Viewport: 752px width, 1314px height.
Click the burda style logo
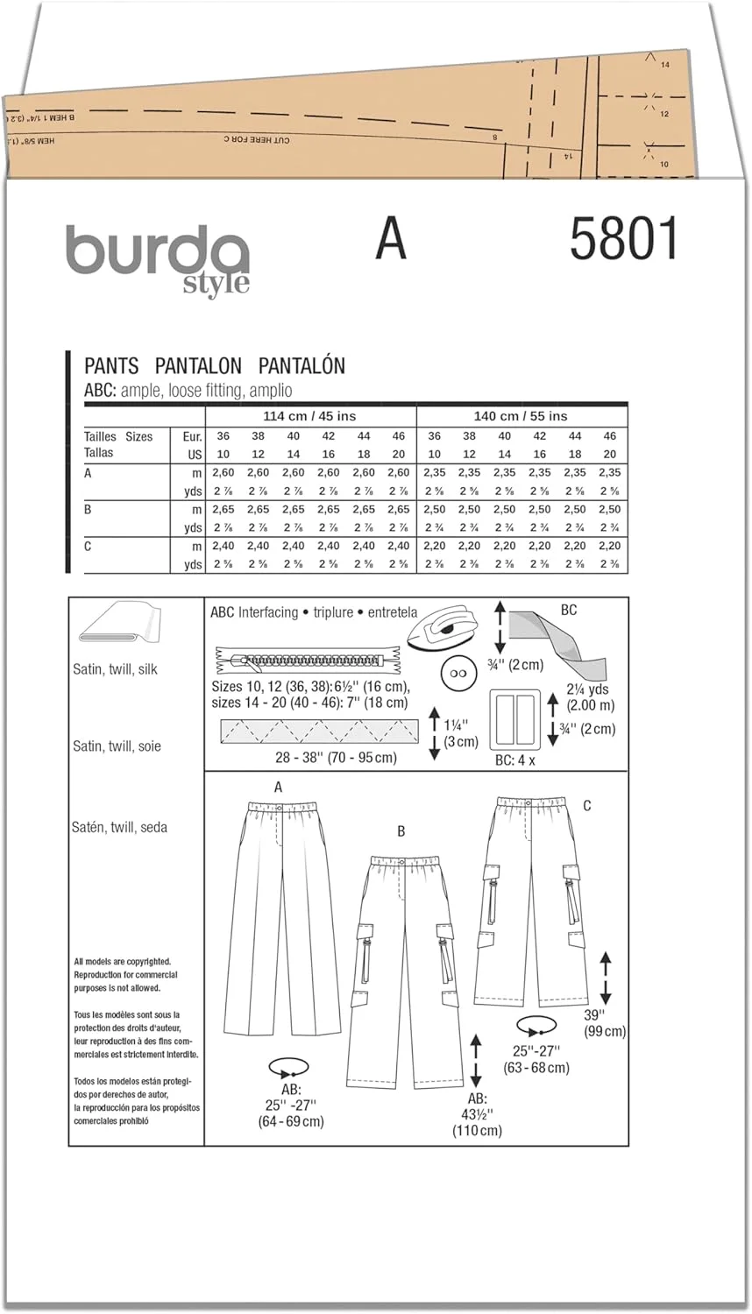pos(158,258)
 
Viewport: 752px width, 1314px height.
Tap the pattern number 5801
pos(624,239)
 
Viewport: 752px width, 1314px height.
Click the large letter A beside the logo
pos(391,238)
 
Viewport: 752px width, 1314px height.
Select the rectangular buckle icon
pos(514,717)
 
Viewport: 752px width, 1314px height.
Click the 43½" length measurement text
pos(477,1114)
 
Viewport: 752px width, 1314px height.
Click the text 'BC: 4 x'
pos(514,760)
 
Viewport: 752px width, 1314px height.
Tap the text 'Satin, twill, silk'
pos(115,669)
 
